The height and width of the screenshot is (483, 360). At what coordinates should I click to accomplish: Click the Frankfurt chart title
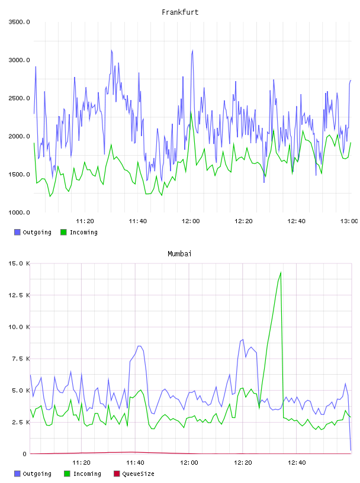tap(180, 12)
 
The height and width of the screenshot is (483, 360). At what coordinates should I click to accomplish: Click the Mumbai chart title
tap(179, 254)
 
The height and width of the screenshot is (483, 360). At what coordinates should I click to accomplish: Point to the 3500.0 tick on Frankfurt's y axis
tap(19, 22)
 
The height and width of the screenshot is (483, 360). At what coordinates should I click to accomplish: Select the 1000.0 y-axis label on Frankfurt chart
tap(19, 212)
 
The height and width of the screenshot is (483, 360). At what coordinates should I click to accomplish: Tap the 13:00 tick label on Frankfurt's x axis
tap(349, 221)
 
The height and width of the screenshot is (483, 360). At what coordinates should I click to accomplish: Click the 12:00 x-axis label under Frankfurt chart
tap(191, 221)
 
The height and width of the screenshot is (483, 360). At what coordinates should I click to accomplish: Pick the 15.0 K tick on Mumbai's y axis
tap(19, 263)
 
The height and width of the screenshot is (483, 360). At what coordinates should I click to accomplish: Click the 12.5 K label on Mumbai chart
tap(19, 295)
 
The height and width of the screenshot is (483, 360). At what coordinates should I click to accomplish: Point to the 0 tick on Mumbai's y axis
tap(25, 454)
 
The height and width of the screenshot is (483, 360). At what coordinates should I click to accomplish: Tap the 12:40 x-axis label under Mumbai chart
tap(297, 463)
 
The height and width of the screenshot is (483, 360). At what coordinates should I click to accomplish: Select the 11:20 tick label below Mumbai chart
tap(81, 463)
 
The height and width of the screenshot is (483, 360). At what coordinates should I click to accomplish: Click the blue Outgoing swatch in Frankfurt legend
tap(17, 232)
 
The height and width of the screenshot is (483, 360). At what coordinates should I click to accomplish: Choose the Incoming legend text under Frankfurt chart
tap(84, 232)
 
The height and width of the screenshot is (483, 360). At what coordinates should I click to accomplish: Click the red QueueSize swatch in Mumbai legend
tap(117, 474)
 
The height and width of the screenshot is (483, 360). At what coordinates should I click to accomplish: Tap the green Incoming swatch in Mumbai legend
tap(66, 474)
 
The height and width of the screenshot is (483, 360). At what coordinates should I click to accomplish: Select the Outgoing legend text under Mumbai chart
tap(37, 474)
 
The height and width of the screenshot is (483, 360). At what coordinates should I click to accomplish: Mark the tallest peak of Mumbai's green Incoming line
tap(281, 272)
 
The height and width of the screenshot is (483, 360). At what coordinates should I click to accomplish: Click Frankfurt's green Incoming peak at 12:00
tap(191, 113)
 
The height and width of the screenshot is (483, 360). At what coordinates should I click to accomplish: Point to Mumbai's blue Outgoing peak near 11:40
tap(139, 346)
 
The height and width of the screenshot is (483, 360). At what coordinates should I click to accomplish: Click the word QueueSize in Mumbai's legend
tap(138, 474)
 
